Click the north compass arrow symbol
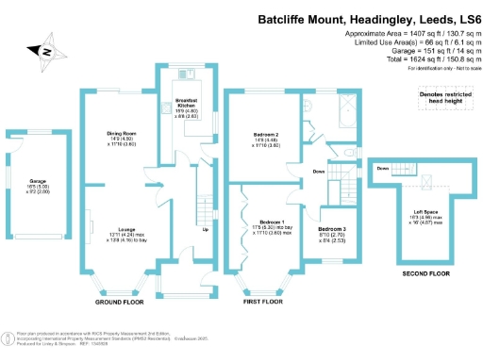click(x=43, y=51)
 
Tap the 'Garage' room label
click(x=38, y=180)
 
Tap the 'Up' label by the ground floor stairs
click(x=205, y=229)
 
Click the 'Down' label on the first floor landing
click(x=321, y=173)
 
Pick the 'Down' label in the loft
click(x=382, y=169)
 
